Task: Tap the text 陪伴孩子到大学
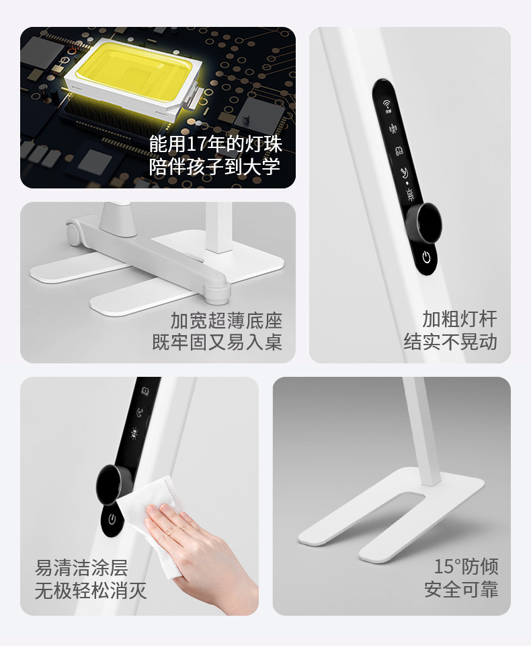215,166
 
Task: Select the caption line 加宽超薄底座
227,320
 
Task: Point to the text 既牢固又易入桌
217,342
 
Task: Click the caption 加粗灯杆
460,319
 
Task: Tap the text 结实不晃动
450,342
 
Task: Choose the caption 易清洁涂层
81,568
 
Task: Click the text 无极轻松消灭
91,590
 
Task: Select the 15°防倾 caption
466,567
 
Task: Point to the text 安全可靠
461,589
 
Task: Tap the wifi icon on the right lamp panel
388,106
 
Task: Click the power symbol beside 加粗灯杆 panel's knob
426,258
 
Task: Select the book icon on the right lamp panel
399,150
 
